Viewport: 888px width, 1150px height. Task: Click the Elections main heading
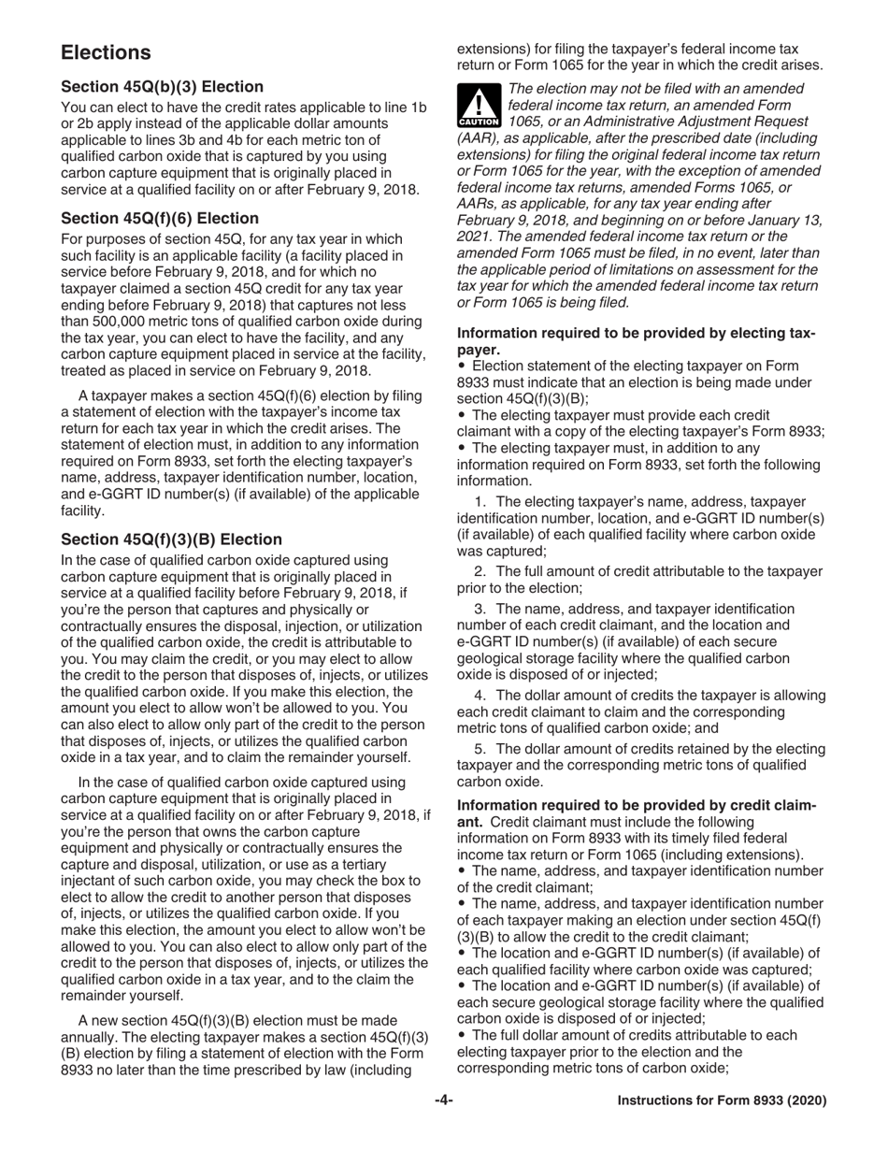point(106,52)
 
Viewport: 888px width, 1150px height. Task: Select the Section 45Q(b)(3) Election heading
point(162,87)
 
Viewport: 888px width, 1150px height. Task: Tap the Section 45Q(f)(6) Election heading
point(160,219)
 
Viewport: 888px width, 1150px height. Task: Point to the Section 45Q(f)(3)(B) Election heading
point(171,539)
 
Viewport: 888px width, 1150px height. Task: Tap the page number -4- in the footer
point(444,1100)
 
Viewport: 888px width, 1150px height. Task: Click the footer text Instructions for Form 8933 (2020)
point(722,1101)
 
